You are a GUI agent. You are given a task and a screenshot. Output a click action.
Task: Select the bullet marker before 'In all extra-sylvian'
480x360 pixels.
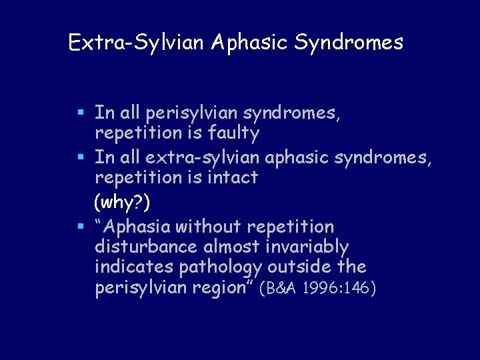click(x=81, y=158)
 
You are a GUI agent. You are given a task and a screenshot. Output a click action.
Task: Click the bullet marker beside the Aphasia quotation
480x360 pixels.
click(x=81, y=227)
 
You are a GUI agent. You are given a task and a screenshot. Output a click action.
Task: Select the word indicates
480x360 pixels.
click(x=135, y=267)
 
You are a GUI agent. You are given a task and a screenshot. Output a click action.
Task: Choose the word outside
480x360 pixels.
click(x=305, y=267)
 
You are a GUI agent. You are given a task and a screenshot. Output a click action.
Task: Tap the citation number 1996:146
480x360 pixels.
click(x=339, y=289)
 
